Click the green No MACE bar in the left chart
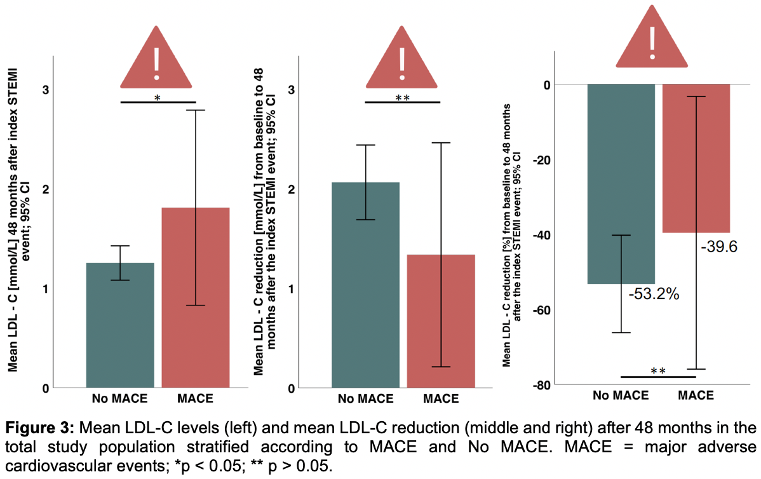(x=120, y=324)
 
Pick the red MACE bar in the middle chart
(x=441, y=321)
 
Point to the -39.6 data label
(x=718, y=246)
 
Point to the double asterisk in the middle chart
(x=402, y=97)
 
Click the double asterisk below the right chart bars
(x=658, y=371)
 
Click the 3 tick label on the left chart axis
(x=44, y=90)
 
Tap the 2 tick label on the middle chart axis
(x=292, y=189)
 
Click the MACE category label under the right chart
(x=696, y=395)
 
